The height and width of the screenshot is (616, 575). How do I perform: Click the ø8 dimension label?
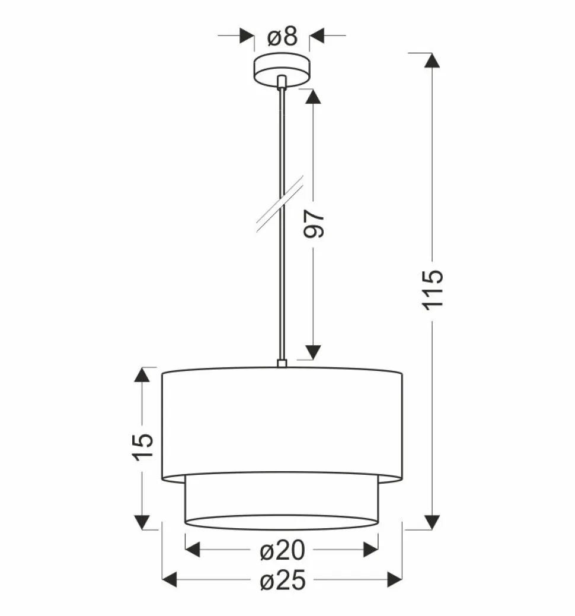282,37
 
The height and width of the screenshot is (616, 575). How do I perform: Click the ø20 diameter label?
282,551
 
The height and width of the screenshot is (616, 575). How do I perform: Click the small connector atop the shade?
282,362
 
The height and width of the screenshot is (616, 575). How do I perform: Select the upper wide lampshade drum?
282,421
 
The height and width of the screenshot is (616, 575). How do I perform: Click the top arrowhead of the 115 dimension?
432,61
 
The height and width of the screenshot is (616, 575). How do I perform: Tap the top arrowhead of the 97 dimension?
313,97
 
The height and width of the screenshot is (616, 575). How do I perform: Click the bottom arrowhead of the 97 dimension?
313,351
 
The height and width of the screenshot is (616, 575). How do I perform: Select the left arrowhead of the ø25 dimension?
171,579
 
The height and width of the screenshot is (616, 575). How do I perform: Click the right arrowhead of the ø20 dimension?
370,549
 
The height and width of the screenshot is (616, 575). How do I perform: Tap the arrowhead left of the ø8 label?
245,36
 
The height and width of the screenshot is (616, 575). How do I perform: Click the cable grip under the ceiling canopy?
282,82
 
